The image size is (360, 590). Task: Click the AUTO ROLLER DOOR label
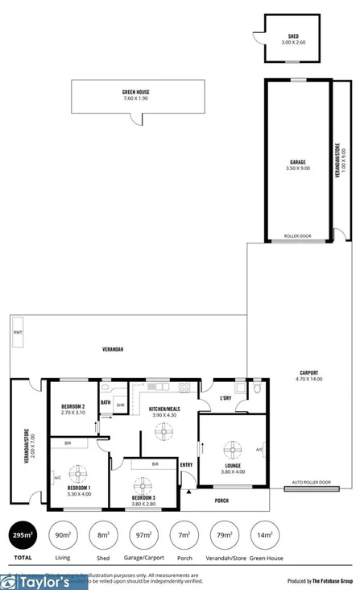click(312, 482)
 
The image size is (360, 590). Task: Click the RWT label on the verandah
click(17, 333)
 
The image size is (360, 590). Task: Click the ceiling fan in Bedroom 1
click(77, 472)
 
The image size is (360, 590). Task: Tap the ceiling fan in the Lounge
click(234, 449)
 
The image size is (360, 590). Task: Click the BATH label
click(106, 402)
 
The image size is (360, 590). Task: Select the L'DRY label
click(226, 397)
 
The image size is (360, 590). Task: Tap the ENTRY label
click(187, 464)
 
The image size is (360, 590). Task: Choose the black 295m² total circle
click(23, 534)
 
